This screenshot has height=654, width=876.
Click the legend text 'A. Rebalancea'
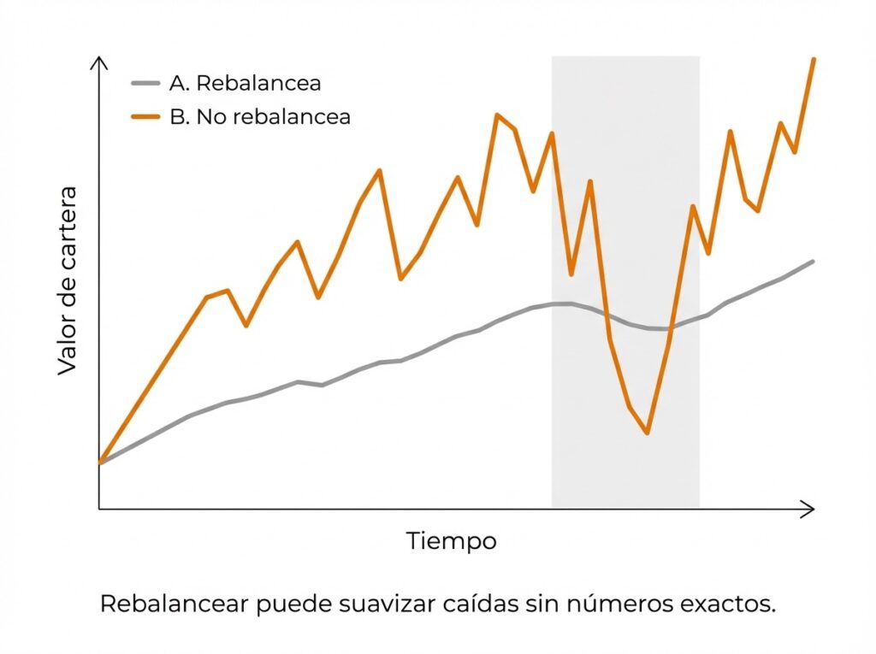(246, 83)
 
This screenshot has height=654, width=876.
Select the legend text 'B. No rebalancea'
(260, 117)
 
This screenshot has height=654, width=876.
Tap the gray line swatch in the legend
(145, 83)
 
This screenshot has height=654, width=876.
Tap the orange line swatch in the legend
(145, 117)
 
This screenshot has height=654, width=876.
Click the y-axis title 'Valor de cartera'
(68, 280)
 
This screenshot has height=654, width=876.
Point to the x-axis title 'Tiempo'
(451, 541)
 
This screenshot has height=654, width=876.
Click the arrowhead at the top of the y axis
(99, 62)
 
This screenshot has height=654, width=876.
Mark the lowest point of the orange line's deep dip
(648, 433)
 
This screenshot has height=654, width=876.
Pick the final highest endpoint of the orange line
(813, 59)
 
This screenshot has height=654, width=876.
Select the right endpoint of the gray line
(812, 261)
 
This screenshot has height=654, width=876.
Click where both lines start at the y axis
(100, 463)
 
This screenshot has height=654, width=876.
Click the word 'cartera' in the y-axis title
(68, 224)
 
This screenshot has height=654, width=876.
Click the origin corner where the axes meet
(99, 510)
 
